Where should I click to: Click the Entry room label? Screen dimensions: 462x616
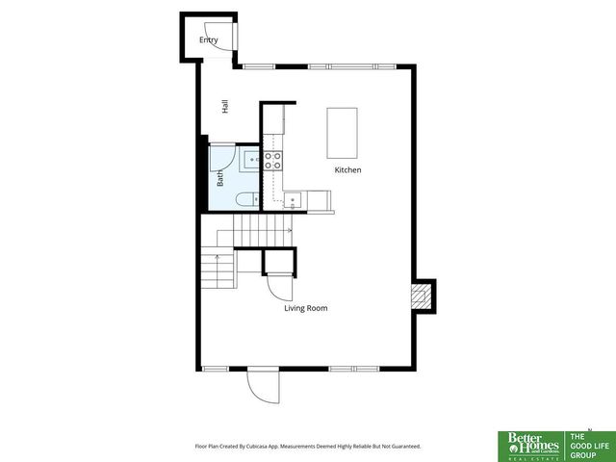click(209, 39)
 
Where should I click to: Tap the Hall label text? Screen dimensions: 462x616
click(224, 107)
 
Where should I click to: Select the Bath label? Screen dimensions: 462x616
click(220, 178)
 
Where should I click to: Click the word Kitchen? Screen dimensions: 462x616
click(347, 170)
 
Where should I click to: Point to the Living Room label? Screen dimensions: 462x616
click(306, 308)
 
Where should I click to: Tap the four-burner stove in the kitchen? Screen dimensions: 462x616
click(273, 160)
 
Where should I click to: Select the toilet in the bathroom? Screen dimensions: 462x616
click(245, 199)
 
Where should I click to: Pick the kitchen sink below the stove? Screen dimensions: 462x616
click(294, 199)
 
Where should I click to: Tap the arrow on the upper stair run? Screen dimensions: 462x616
click(286, 231)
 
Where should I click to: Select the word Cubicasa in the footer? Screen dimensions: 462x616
click(256, 446)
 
